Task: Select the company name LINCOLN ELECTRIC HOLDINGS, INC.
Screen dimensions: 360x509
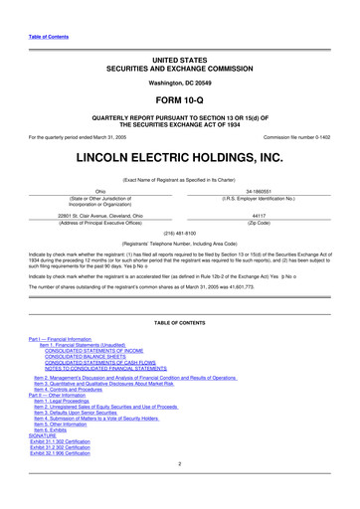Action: tap(179, 156)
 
